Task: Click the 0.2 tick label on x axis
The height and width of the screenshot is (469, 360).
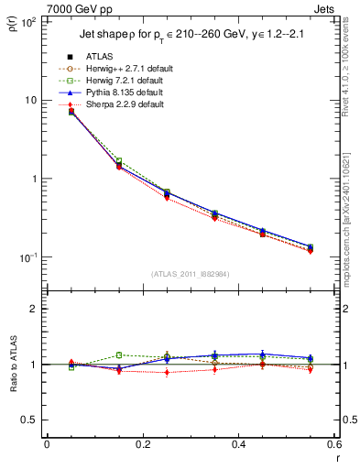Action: (142, 445)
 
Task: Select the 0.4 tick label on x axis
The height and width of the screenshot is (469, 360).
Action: (238, 445)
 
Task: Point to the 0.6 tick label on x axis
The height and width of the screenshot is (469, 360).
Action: (333, 445)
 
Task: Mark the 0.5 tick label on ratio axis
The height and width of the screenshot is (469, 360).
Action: (30, 420)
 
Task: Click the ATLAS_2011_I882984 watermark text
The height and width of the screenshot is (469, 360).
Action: (190, 273)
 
